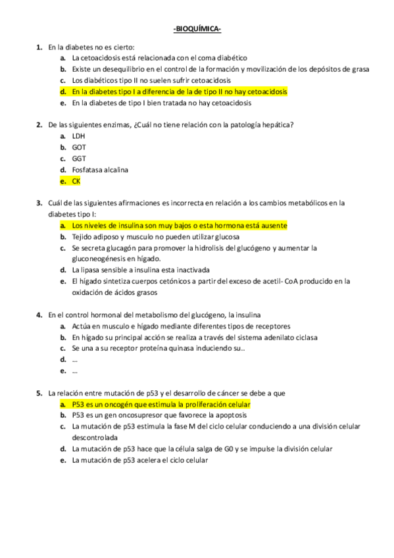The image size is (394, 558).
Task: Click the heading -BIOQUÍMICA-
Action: (197, 30)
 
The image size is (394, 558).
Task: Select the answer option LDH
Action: (78, 136)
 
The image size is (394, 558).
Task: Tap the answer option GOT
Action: (79, 147)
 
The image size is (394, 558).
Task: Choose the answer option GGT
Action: (79, 159)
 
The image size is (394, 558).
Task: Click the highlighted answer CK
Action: (76, 180)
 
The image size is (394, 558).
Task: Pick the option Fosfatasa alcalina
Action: (100, 170)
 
